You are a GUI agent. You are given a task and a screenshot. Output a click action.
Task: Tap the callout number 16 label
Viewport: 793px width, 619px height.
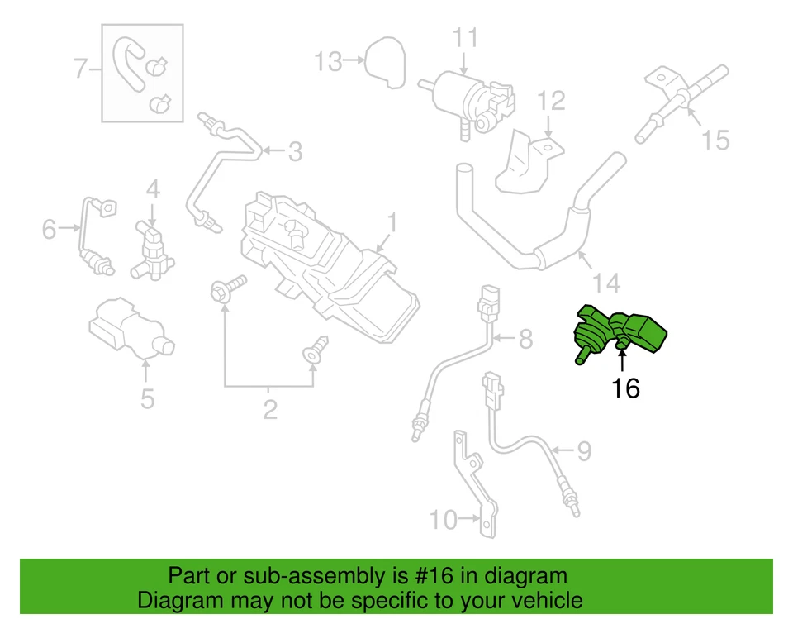(x=625, y=388)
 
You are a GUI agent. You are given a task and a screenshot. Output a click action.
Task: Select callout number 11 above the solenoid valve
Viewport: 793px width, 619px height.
(x=465, y=38)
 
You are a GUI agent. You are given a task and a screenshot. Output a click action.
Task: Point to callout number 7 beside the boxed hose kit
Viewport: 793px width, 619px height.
(x=81, y=69)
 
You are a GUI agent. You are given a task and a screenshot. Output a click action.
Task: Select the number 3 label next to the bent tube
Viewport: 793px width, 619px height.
(x=294, y=151)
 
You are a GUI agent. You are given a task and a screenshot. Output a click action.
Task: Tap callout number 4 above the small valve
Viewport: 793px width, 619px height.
(x=153, y=190)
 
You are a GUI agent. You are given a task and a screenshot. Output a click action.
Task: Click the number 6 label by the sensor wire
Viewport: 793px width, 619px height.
(x=50, y=229)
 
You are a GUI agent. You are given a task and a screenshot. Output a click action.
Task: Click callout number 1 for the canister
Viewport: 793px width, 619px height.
(x=393, y=223)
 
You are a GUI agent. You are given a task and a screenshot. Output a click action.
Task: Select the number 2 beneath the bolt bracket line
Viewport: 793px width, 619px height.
(x=270, y=409)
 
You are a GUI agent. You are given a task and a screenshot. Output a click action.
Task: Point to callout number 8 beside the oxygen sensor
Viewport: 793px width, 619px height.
(x=526, y=338)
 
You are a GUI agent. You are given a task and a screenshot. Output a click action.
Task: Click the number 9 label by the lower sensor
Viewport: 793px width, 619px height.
(x=583, y=451)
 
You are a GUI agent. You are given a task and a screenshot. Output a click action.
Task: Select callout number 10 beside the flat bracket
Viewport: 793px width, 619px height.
(x=444, y=520)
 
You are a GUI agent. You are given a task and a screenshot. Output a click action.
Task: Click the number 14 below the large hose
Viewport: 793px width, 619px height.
(x=606, y=283)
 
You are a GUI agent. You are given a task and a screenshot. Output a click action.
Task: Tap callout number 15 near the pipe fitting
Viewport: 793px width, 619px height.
(x=716, y=139)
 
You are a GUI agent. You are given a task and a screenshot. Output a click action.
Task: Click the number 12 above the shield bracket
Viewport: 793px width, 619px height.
(x=551, y=101)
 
